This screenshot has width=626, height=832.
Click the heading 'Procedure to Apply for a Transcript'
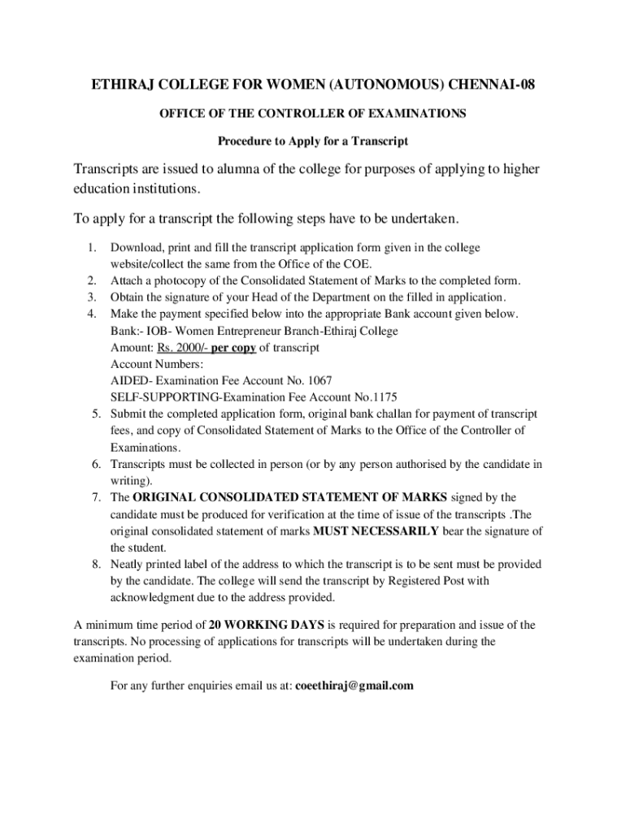(x=312, y=141)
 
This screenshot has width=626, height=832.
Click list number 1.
(x=93, y=247)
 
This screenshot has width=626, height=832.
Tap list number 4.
(x=93, y=314)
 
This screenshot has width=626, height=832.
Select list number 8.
(x=93, y=564)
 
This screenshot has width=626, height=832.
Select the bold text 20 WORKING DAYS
(x=267, y=625)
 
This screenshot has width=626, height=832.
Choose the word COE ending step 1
(x=359, y=263)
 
